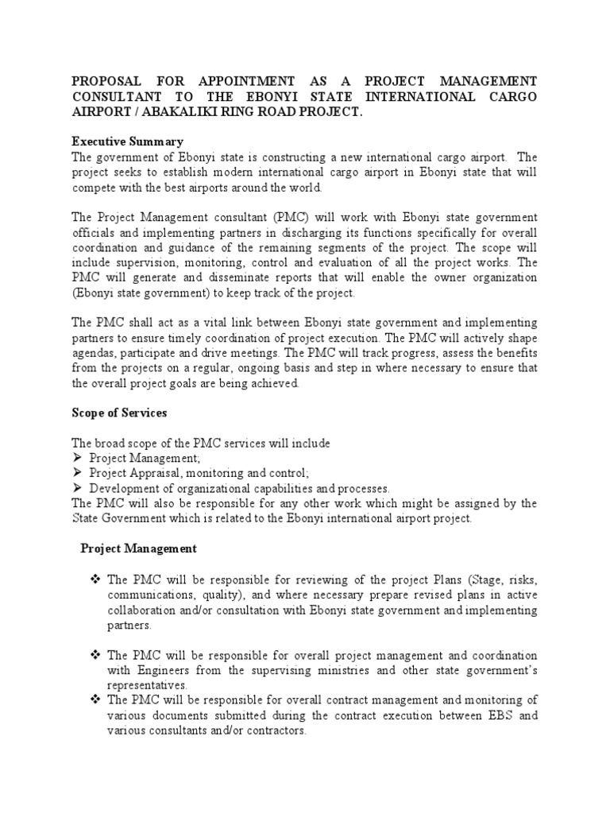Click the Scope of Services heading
(119, 413)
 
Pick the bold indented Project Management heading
(139, 548)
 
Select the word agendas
(95, 352)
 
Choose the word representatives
(148, 685)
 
